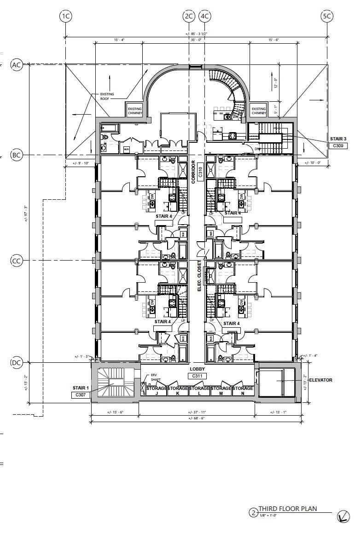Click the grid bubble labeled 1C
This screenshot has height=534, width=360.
click(66, 17)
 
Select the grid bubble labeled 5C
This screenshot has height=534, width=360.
click(326, 17)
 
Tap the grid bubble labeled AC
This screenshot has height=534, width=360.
click(17, 65)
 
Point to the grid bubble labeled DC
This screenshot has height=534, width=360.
click(17, 363)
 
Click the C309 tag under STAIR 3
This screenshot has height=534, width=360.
click(337, 146)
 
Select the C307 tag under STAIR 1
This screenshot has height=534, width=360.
click(81, 395)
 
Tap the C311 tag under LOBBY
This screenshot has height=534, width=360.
click(197, 376)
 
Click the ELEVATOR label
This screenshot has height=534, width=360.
click(321, 380)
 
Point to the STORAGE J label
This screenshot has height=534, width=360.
click(157, 391)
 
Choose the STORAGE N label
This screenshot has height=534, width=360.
click(243, 391)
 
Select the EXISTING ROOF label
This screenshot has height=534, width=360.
click(107, 96)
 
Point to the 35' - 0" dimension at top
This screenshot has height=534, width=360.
click(196, 40)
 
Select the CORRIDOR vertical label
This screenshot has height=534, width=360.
click(194, 172)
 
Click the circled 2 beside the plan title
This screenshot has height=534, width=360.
click(253, 512)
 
